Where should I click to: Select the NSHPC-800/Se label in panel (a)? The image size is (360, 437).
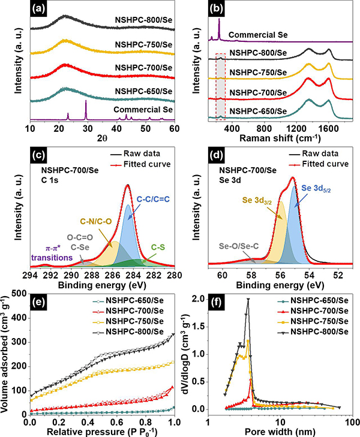144,19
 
